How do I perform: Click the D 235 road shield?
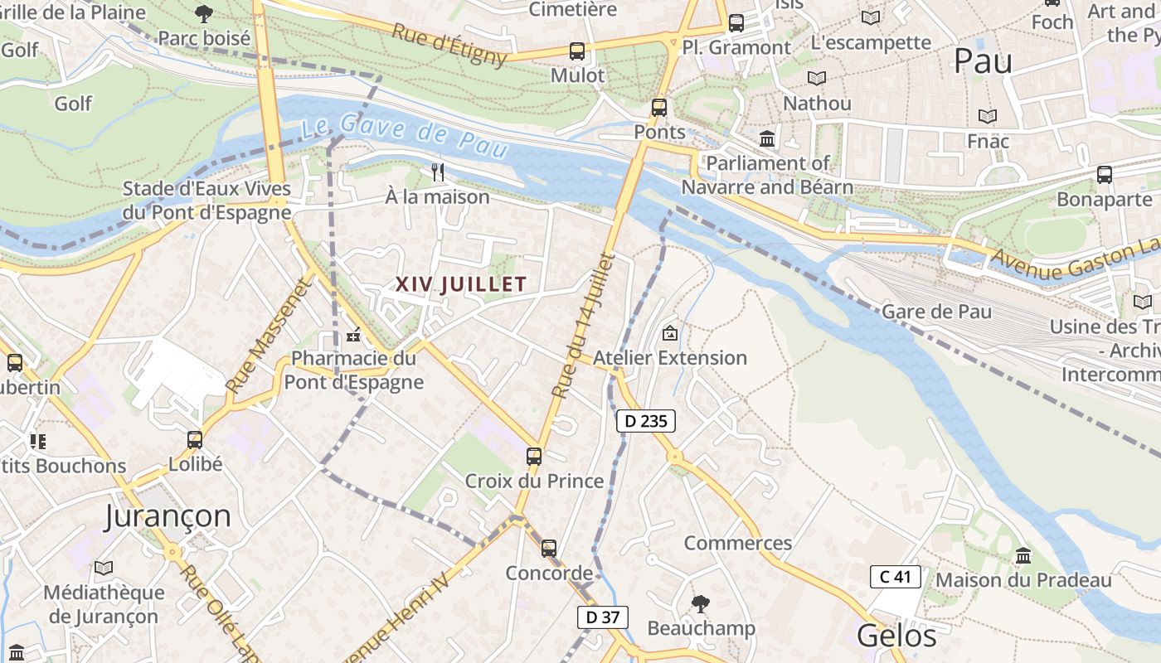[x=646, y=421]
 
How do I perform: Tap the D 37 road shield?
[x=603, y=617]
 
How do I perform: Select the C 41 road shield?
[x=896, y=577]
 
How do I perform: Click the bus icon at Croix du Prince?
[x=534, y=456]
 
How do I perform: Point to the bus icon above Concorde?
[x=548, y=548]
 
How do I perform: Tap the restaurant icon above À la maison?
[x=438, y=172]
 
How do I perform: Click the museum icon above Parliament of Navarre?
[x=767, y=138]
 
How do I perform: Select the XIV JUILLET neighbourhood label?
[x=461, y=284]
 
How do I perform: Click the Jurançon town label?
[x=168, y=515]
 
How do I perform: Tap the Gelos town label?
[x=896, y=636]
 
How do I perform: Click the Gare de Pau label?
[x=936, y=312]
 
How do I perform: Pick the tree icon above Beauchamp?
[x=701, y=603]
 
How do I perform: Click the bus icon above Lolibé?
[x=195, y=439]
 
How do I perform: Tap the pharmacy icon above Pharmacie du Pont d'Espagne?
[x=353, y=336]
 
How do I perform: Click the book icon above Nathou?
[x=817, y=78]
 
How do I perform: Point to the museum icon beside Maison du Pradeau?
[x=1023, y=555]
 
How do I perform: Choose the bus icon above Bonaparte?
[x=1104, y=174]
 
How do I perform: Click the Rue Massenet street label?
[x=266, y=336]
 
